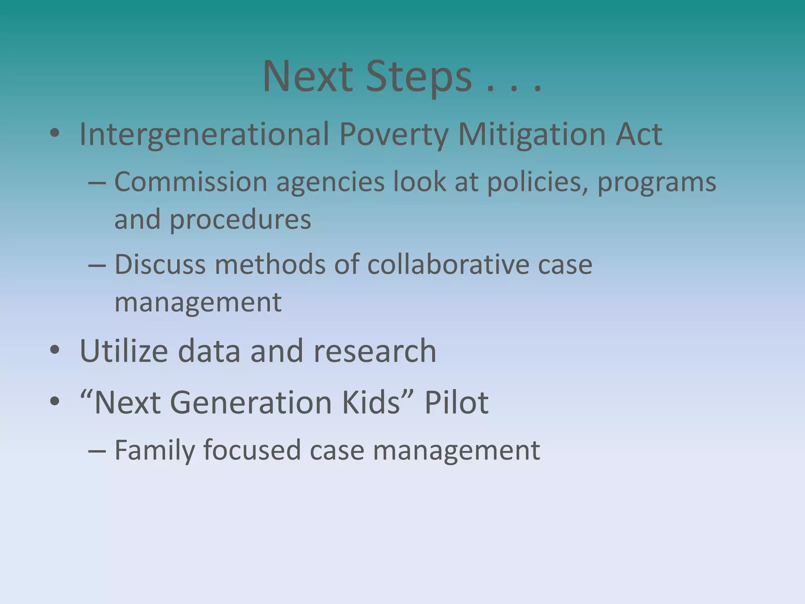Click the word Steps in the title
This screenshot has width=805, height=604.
418,77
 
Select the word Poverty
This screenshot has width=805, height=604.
393,135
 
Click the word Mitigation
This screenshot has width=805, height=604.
532,135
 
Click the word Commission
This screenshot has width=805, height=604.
191,182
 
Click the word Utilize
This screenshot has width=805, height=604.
124,351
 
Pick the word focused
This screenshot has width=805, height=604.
252,450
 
